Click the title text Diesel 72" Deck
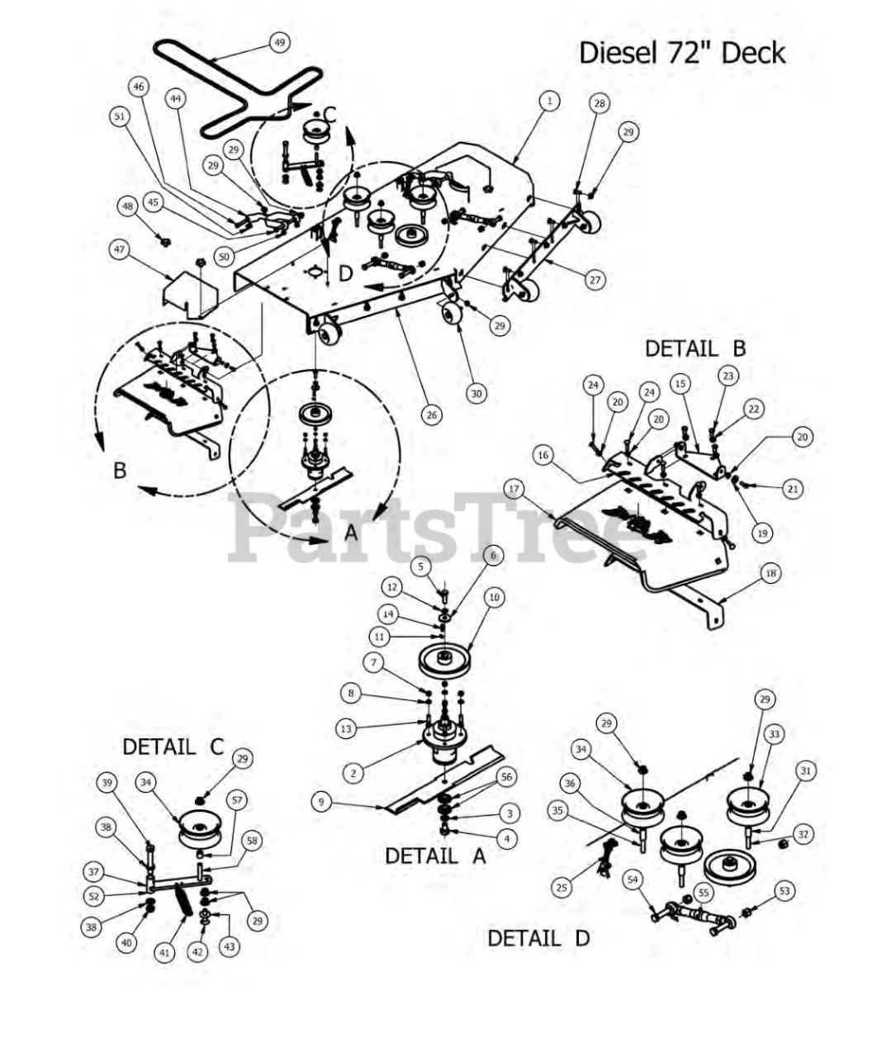click(681, 53)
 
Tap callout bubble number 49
click(280, 42)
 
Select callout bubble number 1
click(549, 101)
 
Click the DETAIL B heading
click(695, 348)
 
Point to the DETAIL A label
click(435, 856)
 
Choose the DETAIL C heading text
click(173, 747)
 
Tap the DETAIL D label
click(538, 938)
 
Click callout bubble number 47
click(121, 249)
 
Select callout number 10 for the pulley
click(494, 597)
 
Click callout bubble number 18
click(770, 574)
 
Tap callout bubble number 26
click(431, 415)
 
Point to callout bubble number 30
click(476, 394)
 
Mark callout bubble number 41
click(165, 953)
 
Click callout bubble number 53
click(784, 891)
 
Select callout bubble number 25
click(562, 887)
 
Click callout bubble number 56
click(506, 777)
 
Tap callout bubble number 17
click(514, 489)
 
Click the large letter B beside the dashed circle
click(120, 471)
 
